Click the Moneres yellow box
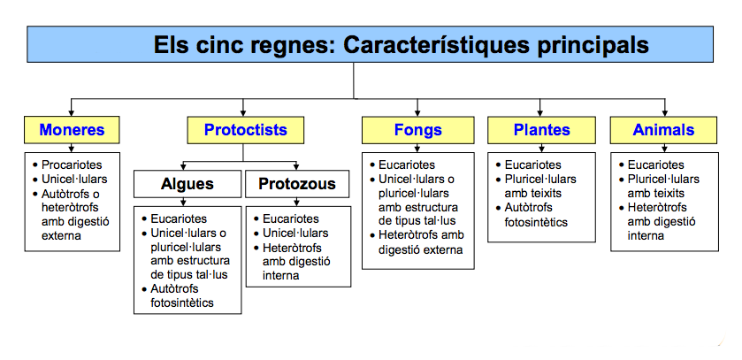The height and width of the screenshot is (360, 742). [72, 130]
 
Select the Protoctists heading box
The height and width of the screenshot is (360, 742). [245, 130]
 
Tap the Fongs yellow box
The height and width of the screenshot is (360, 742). [417, 130]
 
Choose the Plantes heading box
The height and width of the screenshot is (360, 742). [541, 130]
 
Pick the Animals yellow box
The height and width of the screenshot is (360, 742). [663, 130]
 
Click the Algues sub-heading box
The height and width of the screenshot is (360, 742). [187, 184]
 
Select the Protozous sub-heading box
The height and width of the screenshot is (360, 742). [296, 184]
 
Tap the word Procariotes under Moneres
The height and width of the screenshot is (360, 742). [72, 165]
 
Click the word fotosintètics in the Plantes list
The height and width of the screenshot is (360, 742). [537, 223]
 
